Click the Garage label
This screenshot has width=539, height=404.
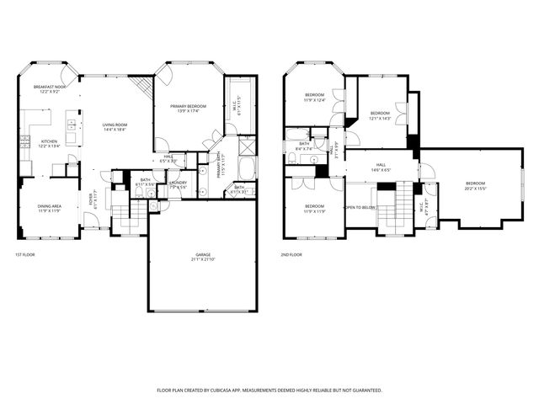pos(202,258)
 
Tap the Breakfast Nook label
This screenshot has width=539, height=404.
pos(50,89)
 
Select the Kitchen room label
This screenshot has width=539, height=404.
pos(49,143)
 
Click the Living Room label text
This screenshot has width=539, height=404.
pos(115,127)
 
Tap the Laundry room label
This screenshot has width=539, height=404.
pos(178,183)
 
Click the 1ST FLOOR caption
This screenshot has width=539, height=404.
pos(25,253)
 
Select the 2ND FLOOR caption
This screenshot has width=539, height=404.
pos(291,253)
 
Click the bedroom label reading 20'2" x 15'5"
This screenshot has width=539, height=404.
pos(476,185)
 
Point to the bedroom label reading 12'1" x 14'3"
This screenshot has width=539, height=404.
pos(381,115)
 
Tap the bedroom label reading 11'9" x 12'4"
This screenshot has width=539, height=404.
pos(314,98)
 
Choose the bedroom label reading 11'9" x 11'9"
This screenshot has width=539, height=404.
pos(314,208)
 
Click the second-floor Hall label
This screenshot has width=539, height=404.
pos(381,167)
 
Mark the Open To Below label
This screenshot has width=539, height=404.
pos(360,207)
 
